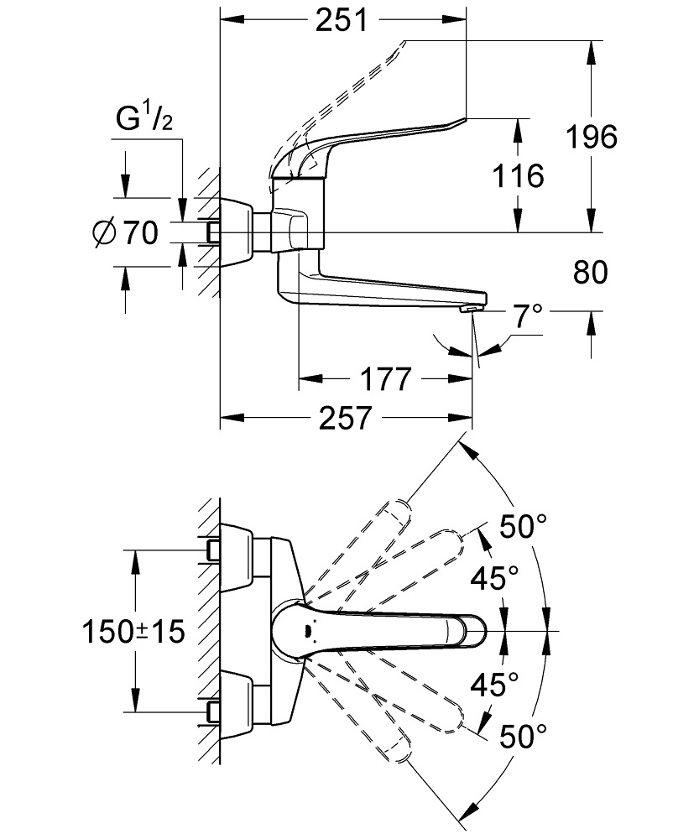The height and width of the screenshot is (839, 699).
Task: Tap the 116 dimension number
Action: point(519,176)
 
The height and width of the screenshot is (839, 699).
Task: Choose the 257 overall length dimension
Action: point(344,418)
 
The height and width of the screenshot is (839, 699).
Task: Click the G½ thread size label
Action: point(143,122)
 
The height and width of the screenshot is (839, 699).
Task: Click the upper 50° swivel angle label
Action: point(523,528)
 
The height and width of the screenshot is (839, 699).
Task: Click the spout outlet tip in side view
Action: point(470,309)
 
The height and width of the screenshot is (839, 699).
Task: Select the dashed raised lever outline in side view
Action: point(352,84)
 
